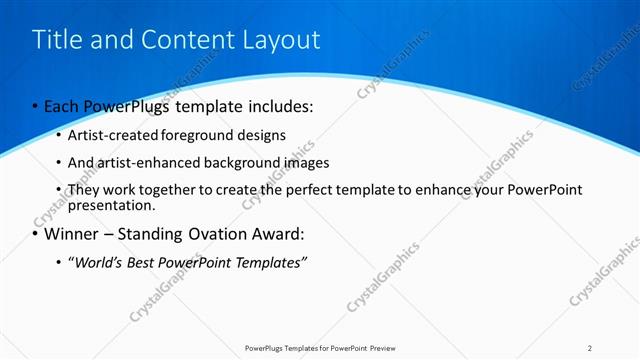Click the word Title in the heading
56,40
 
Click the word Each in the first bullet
63,105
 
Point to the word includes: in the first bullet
279,105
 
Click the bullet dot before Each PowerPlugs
36,106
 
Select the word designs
261,135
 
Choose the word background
245,162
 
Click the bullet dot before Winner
36,236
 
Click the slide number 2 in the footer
590,348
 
